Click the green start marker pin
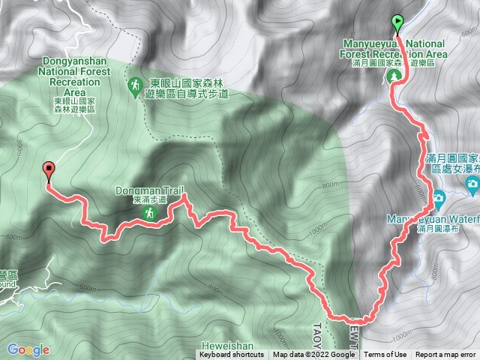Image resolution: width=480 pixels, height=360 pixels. (397, 23)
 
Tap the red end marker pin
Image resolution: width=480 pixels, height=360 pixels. (49, 171)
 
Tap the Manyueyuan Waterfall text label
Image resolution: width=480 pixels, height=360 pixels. (433, 219)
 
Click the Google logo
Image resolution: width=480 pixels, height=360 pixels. (28, 349)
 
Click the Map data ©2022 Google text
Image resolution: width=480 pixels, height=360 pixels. (313, 355)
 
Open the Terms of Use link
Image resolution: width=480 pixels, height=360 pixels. (385, 355)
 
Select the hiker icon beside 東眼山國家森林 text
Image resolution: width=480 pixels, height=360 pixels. (135, 87)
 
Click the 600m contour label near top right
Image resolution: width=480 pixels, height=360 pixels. (469, 32)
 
